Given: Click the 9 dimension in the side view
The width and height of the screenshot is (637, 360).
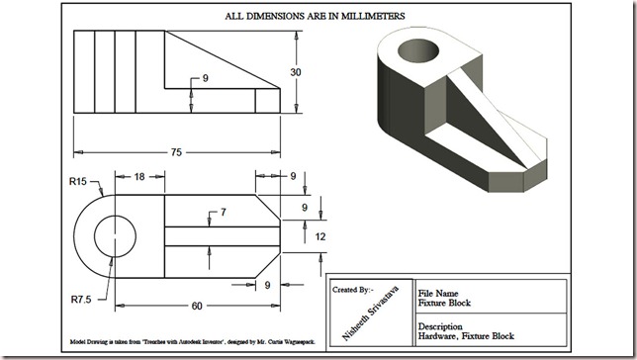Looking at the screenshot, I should tap(205, 77).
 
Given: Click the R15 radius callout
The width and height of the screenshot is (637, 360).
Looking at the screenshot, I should tap(79, 181).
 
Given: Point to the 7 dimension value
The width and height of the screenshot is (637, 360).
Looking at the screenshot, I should tap(223, 213).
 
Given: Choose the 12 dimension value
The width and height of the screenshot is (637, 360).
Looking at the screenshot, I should tap(319, 236).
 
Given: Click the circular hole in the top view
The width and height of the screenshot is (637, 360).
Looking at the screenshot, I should tap(115, 237).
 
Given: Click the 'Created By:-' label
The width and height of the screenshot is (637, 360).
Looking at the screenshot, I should tap(353, 290).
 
